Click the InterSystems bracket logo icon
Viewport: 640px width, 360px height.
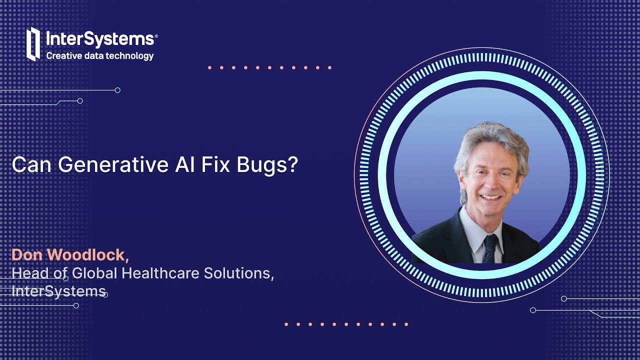(x=33, y=44)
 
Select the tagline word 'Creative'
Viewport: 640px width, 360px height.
(x=64, y=56)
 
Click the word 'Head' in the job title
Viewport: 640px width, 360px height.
(x=29, y=273)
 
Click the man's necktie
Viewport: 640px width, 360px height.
(x=489, y=247)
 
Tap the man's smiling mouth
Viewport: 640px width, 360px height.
(x=490, y=197)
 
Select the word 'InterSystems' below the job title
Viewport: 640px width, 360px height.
(x=58, y=291)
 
